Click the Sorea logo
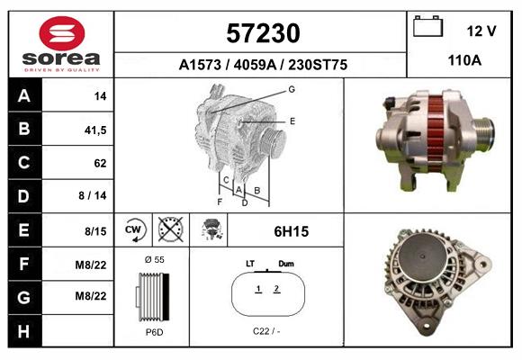(x=60, y=42)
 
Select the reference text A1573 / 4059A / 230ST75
(x=263, y=65)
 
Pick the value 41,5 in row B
(x=95, y=130)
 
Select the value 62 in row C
(x=99, y=164)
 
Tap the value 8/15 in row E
(x=95, y=231)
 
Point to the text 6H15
(x=291, y=231)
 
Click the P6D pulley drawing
(x=151, y=296)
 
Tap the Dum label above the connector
(x=286, y=264)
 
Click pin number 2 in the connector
(x=276, y=289)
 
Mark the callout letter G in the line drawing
(x=292, y=89)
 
